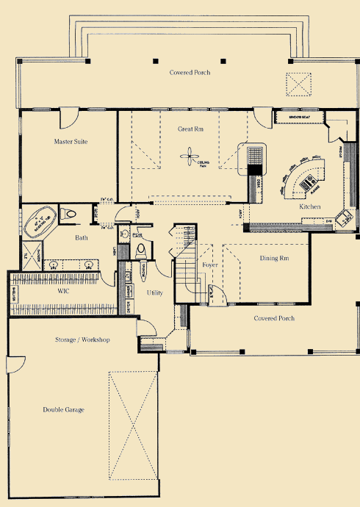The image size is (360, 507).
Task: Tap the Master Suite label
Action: (71, 141)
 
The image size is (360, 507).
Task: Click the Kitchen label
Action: (309, 207)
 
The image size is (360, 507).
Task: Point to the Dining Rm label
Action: (273, 259)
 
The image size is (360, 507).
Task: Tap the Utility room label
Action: (155, 292)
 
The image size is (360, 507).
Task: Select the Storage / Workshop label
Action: (82, 340)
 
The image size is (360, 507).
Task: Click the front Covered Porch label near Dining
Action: (274, 318)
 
